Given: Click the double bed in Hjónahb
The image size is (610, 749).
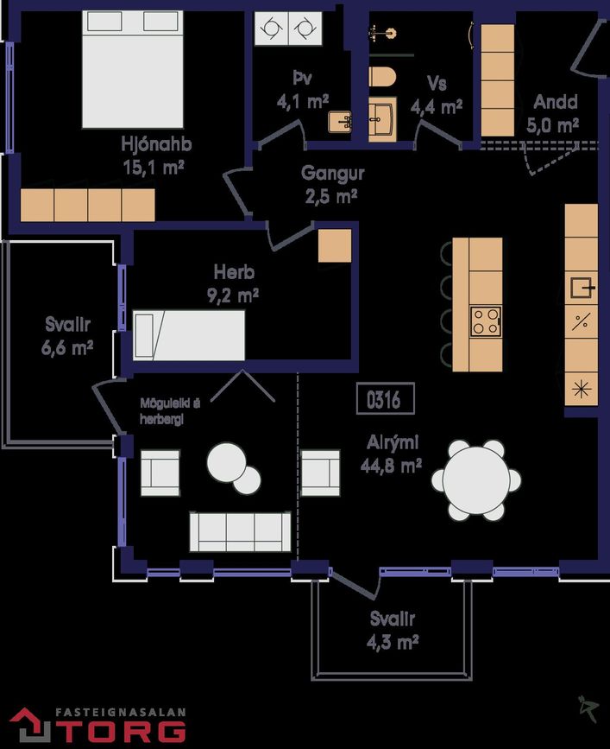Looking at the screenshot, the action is [x=133, y=69].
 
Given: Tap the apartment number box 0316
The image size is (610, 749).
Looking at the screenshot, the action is [x=386, y=398].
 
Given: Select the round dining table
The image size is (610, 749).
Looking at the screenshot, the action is [x=476, y=480].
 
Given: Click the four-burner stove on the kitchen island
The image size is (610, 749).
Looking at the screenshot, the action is [x=486, y=321].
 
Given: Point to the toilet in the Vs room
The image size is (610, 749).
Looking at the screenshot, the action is [x=382, y=76].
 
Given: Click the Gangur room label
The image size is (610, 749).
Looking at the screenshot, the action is [x=332, y=173].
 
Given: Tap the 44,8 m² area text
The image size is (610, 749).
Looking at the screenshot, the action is [x=391, y=466].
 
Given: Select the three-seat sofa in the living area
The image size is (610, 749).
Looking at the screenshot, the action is [x=241, y=531].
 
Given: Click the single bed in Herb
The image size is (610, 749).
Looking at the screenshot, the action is [x=189, y=335].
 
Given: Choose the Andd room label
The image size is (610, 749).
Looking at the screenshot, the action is [x=556, y=102].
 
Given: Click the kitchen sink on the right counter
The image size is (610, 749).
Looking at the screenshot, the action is [x=582, y=288].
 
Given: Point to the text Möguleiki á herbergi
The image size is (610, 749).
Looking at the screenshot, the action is [x=170, y=411].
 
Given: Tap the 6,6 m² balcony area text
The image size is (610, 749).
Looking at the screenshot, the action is [x=67, y=347].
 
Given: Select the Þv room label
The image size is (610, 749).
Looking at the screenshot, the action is [x=302, y=78].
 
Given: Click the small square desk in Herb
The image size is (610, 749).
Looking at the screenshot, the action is [x=335, y=245].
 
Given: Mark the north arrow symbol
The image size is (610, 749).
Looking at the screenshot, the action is [x=588, y=709].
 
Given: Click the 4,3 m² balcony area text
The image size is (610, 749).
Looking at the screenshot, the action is [x=393, y=642].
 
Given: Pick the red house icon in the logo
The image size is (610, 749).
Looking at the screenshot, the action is [x=29, y=725].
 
